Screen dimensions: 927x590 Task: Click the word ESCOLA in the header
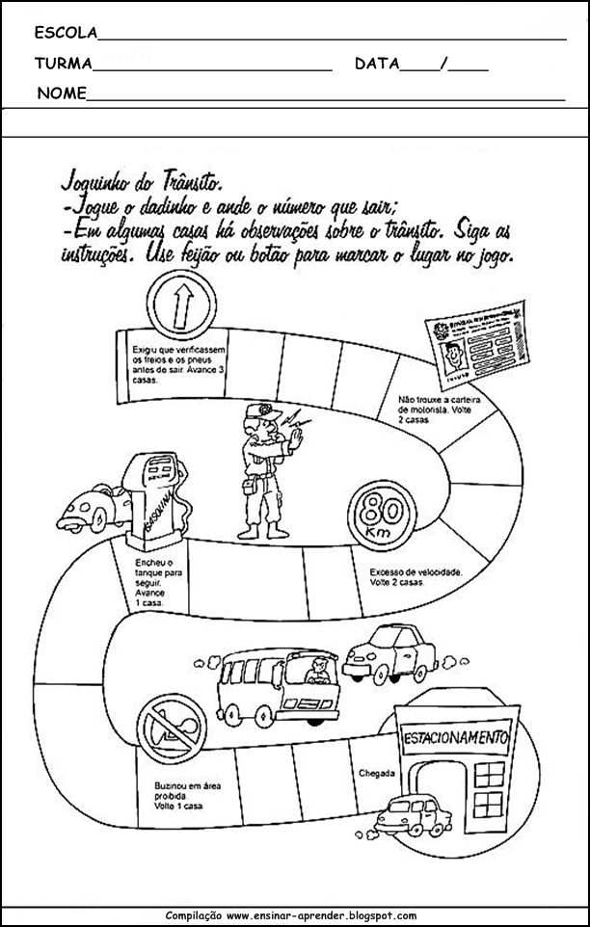(x=66, y=33)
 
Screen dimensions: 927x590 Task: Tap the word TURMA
(x=63, y=65)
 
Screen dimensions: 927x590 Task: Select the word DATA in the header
(x=376, y=65)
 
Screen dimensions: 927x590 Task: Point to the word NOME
(x=62, y=93)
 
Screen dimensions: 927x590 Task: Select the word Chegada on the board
(x=376, y=773)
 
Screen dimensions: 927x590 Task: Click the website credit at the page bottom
(x=292, y=916)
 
